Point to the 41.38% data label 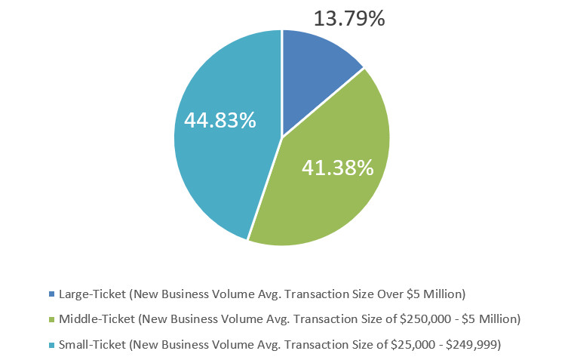coord(338,168)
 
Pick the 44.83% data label coord(219,120)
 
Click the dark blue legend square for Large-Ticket coord(51,293)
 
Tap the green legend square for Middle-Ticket coord(51,318)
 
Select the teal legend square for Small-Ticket coord(51,345)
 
